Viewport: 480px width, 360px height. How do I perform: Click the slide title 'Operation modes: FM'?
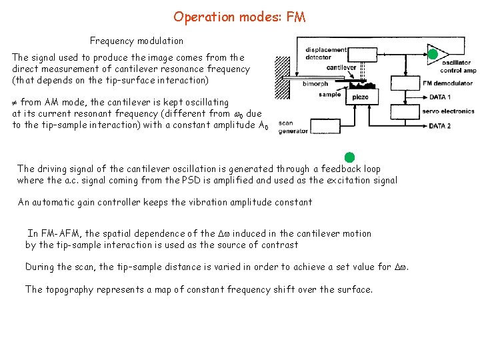coord(239,17)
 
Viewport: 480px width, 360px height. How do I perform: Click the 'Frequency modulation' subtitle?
coord(137,41)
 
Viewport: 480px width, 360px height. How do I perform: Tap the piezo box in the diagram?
coord(361,97)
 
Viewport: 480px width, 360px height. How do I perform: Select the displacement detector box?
coord(326,53)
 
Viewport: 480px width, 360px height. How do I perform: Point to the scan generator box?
coord(293,127)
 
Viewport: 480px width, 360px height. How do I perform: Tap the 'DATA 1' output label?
coord(440,97)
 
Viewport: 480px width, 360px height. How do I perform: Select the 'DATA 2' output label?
coord(440,125)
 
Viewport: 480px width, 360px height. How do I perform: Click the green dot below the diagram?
coord(349,157)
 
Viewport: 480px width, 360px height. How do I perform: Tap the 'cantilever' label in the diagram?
coord(341,67)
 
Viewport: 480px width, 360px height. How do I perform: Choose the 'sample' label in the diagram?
coord(330,95)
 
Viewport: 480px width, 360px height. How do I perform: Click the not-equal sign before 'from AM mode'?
coord(15,103)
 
